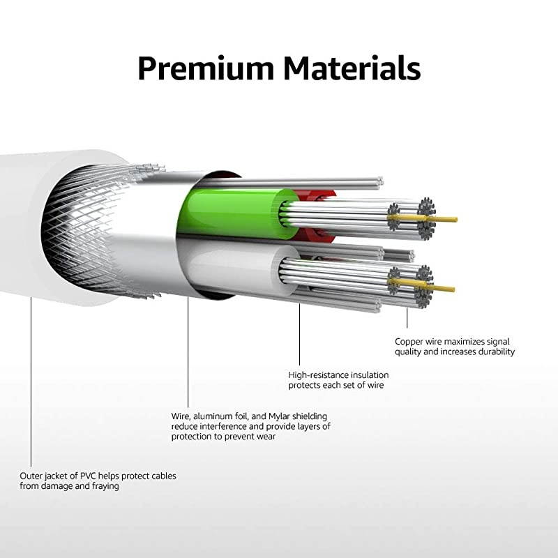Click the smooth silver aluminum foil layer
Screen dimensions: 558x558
pyautogui.click(x=150, y=230)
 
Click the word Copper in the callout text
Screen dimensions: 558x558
pyautogui.click(x=409, y=342)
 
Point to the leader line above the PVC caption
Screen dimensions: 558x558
pyautogui.click(x=31, y=391)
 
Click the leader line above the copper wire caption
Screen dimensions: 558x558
pyautogui.click(x=407, y=317)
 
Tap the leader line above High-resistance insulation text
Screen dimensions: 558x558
pyautogui.click(x=300, y=335)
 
